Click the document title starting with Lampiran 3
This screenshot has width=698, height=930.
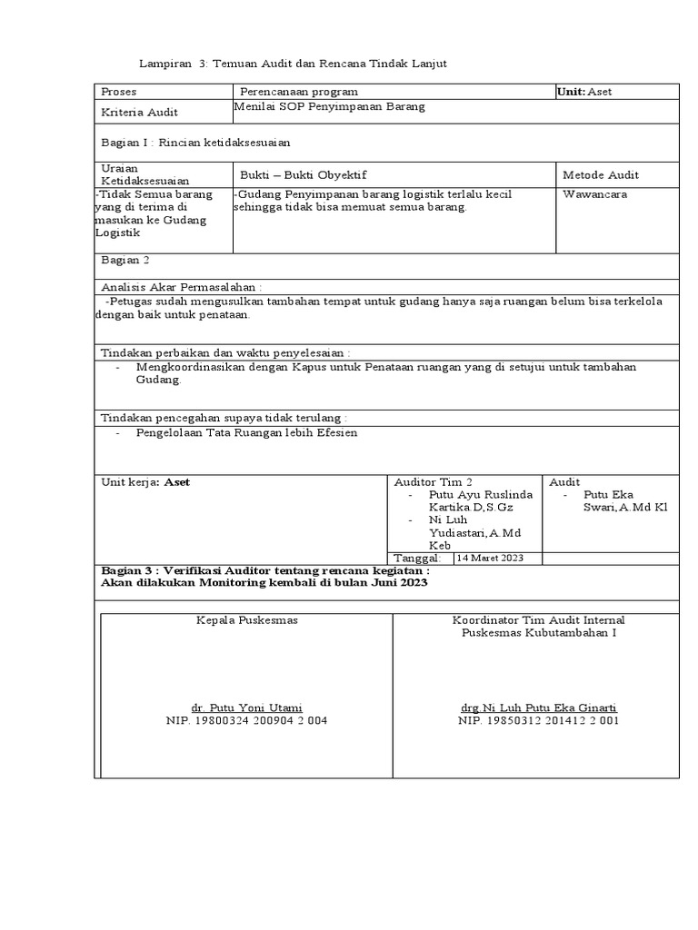pos(293,64)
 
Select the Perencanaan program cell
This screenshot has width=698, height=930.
pos(299,92)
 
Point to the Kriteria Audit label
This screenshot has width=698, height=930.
pos(140,113)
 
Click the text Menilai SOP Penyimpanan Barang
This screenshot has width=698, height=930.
pos(330,106)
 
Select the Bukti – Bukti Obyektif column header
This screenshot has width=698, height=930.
pos(304,174)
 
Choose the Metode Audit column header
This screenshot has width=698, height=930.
pos(601,174)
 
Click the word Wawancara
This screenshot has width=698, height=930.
pos(594,193)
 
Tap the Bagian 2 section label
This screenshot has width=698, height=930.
pos(125,261)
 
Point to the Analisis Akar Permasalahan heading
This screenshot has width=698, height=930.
pos(182,285)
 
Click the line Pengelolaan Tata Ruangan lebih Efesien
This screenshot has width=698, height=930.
pos(246,433)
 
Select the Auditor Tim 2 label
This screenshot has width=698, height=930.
pos(433,481)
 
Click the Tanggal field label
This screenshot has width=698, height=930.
pos(417,558)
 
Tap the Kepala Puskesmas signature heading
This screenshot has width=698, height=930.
pos(247,620)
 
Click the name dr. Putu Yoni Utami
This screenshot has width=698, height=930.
pos(246,707)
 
